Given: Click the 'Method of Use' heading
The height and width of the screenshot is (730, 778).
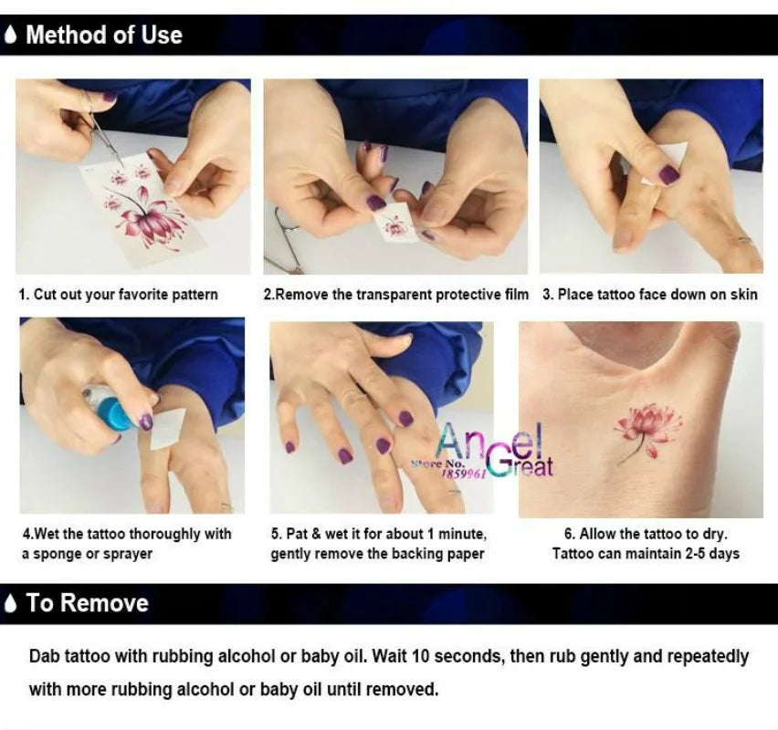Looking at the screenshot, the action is pyautogui.click(x=104, y=35).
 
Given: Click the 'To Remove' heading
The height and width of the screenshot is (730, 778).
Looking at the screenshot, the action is pyautogui.click(x=88, y=602).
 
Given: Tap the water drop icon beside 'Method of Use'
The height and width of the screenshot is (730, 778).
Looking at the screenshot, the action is pyautogui.click(x=10, y=35).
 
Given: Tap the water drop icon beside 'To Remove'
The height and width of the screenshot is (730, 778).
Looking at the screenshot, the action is pyautogui.click(x=10, y=603).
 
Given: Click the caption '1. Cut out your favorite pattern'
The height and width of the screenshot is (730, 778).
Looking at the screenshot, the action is pyautogui.click(x=119, y=294).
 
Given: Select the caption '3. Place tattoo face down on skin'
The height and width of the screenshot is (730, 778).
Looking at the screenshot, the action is pyautogui.click(x=650, y=294).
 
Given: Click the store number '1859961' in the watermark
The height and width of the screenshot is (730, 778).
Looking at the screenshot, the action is pyautogui.click(x=465, y=474).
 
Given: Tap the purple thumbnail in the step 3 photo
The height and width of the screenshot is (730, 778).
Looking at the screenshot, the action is pyautogui.click(x=668, y=174).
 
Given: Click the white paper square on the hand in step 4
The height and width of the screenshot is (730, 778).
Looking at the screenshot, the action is pyautogui.click(x=168, y=429).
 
